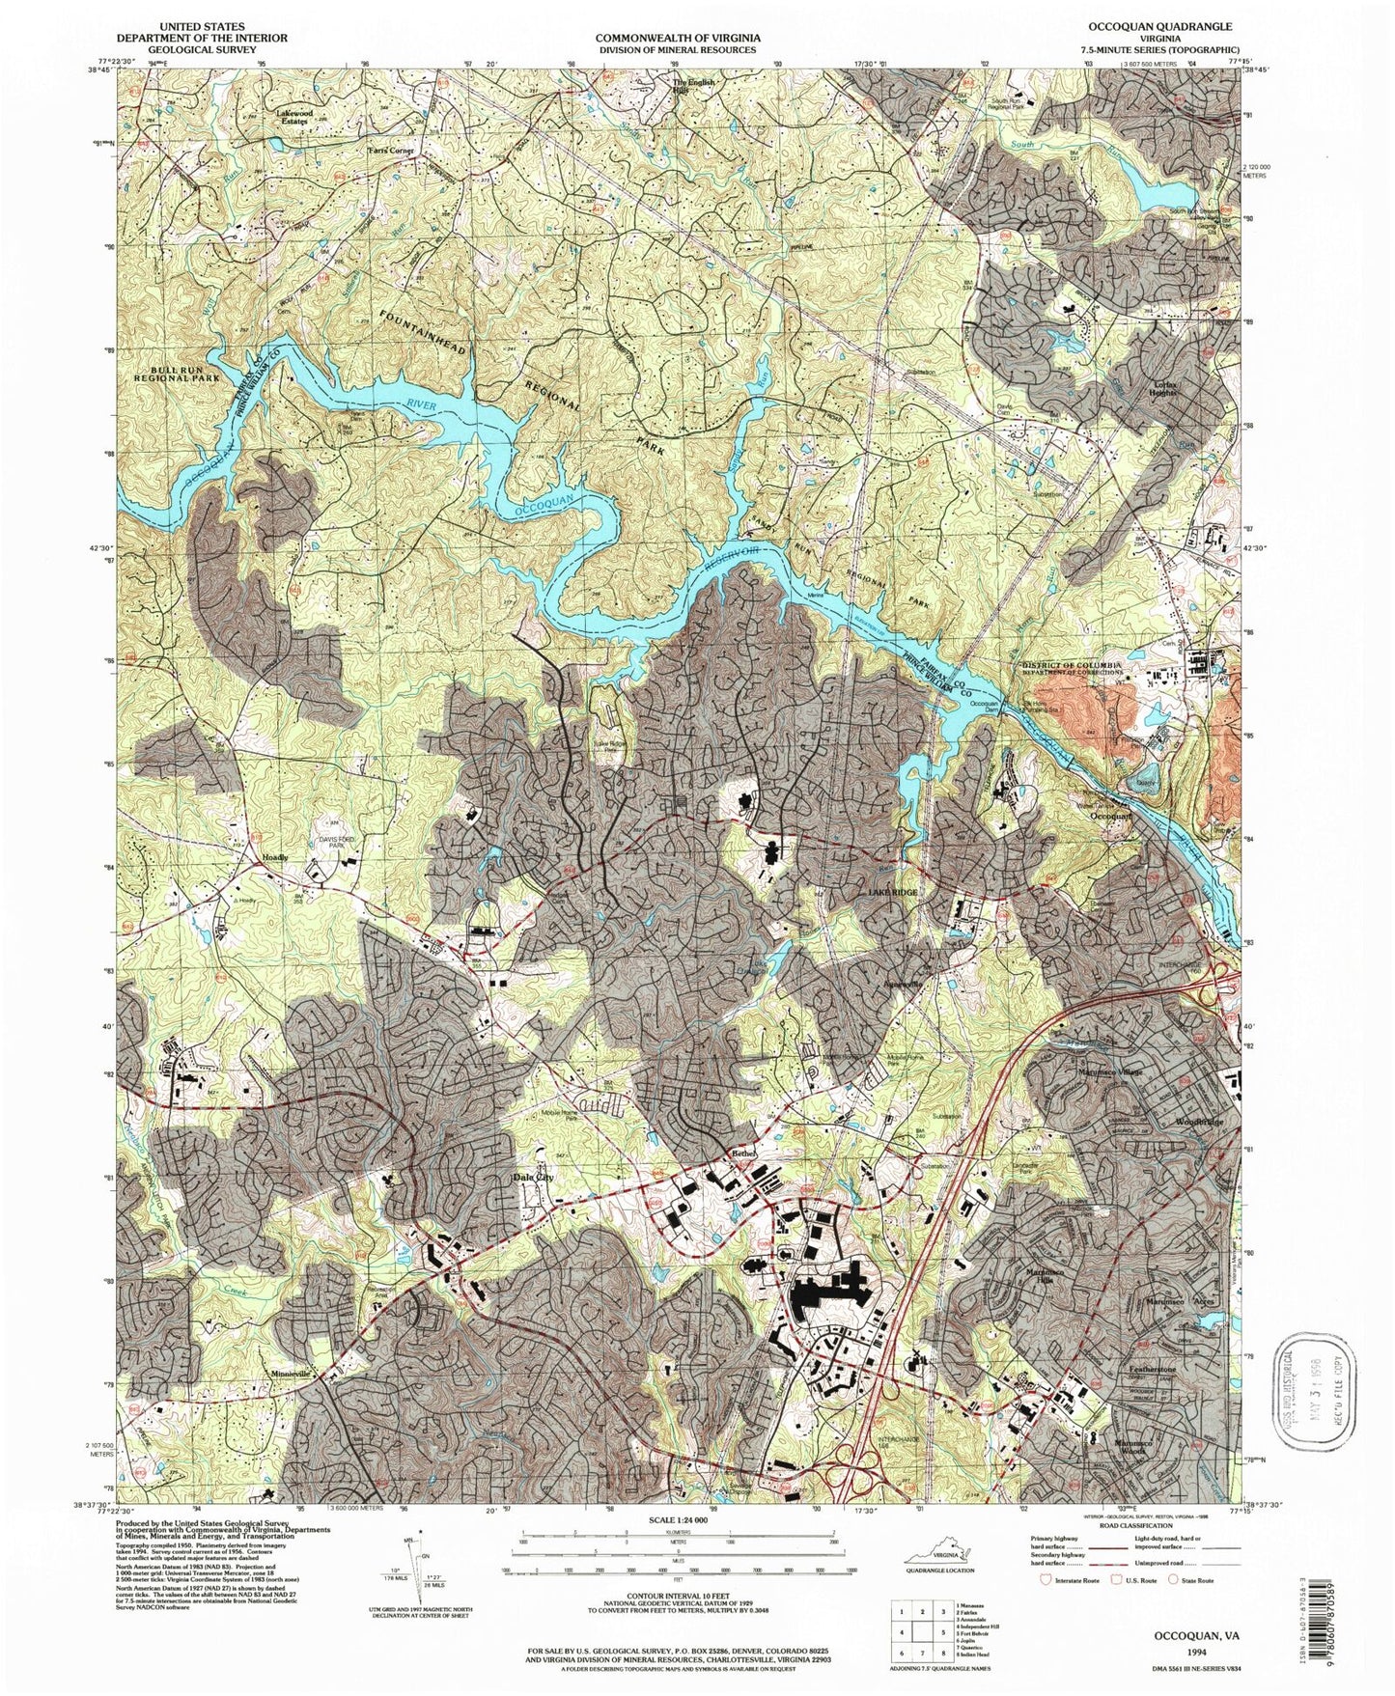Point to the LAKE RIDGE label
[893, 893]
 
